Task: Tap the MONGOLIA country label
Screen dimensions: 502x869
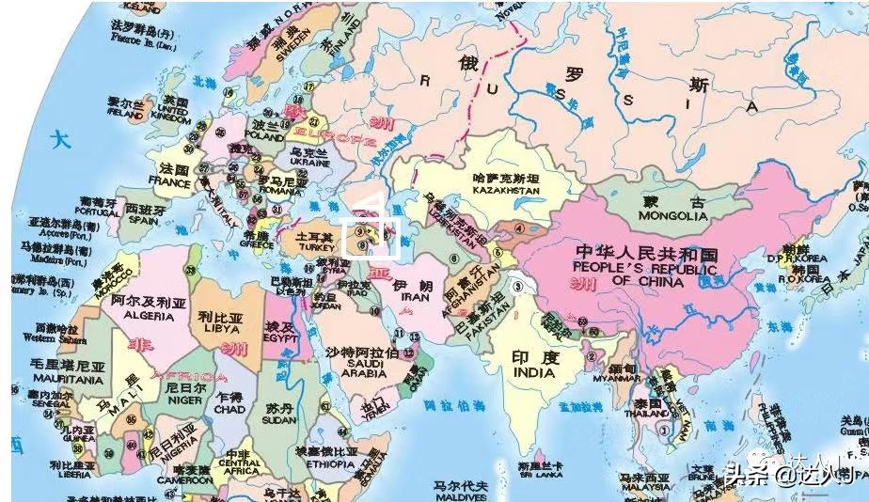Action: click(x=674, y=216)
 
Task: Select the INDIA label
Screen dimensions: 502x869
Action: click(x=534, y=372)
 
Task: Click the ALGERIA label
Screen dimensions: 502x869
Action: click(x=141, y=317)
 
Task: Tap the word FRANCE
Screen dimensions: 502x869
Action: click(x=169, y=181)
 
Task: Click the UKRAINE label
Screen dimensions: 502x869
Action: click(x=310, y=162)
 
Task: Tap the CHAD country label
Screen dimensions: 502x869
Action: click(x=229, y=409)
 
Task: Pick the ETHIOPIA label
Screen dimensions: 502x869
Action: click(x=326, y=464)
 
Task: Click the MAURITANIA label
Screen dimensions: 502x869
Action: click(x=53, y=380)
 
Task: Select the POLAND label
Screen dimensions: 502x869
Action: click(x=263, y=137)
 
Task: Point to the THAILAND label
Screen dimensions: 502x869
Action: click(x=646, y=412)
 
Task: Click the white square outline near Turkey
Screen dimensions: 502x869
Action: click(x=372, y=236)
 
